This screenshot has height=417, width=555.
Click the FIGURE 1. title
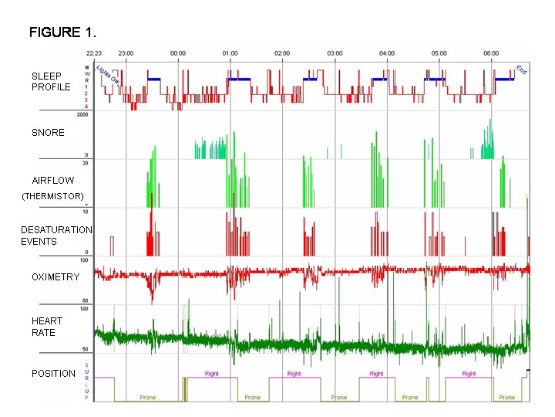tap(62, 32)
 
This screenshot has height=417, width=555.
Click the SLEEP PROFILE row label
tap(51, 82)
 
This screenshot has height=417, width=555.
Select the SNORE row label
tap(48, 133)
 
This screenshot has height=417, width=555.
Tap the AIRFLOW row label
tap(53, 181)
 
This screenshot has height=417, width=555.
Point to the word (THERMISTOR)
tap(52, 196)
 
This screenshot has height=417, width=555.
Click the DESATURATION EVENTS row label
tap(56, 236)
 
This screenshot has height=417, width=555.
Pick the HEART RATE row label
tap(47, 327)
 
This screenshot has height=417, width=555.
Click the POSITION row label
tap(53, 374)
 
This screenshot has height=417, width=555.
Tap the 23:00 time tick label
tap(126, 53)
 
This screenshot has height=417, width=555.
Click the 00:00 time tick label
tap(177, 53)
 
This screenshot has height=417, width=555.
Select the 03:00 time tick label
tap(335, 53)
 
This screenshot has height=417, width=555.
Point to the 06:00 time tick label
tap(491, 53)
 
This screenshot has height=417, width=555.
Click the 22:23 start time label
tap(94, 53)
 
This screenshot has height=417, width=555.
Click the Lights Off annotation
tap(108, 73)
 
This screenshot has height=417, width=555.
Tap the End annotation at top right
tap(522, 69)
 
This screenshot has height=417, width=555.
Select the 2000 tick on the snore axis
tap(82, 114)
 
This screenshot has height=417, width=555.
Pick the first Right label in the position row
tap(211, 374)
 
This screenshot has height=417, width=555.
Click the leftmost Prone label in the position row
tap(147, 398)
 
